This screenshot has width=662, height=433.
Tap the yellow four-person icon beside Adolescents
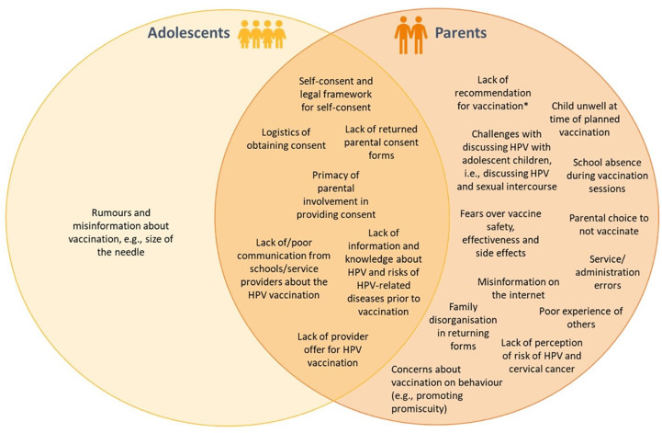point(264,33)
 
